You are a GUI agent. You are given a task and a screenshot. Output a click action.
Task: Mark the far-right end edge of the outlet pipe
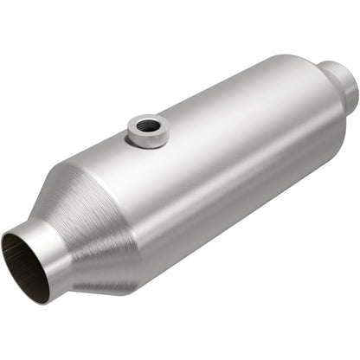click(x=354, y=85)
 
